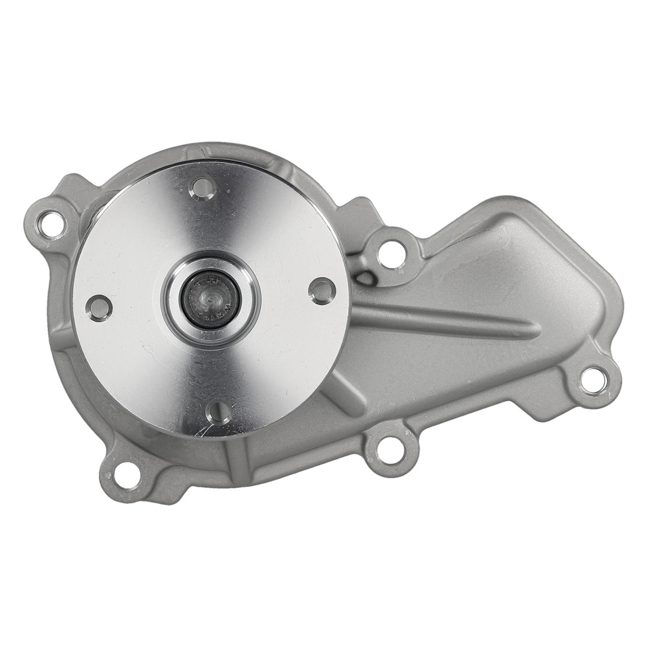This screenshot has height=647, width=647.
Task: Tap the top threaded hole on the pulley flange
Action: pos(203,188)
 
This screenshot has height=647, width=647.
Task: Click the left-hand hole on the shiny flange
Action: pos(99,308)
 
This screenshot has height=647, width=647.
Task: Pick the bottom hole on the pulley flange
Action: pos(218,412)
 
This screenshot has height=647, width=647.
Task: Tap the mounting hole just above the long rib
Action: pos(391,253)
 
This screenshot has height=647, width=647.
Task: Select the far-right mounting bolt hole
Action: pos(593,380)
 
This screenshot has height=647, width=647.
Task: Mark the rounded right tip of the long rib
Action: pos(532,331)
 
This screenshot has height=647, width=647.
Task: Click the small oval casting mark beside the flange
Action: pos(366,279)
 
